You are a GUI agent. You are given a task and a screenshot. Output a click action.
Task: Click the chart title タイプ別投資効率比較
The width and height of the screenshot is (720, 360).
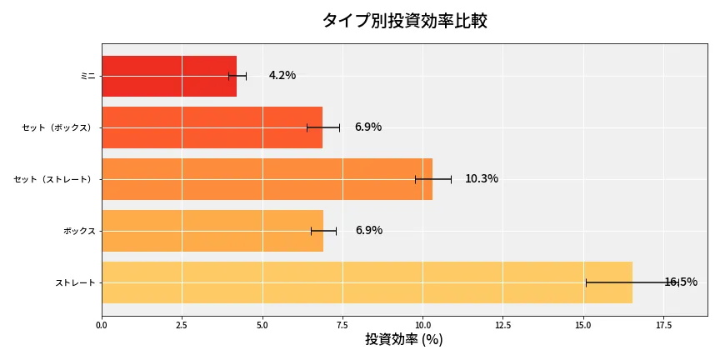point(404,21)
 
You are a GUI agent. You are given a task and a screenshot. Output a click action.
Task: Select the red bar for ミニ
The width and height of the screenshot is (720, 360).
point(168,76)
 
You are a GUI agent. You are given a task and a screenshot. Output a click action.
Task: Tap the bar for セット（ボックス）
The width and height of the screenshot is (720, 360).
point(212,127)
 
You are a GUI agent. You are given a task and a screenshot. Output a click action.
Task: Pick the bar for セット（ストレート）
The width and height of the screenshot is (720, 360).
point(267,179)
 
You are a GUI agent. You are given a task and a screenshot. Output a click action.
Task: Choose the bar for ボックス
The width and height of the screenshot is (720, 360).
point(212,231)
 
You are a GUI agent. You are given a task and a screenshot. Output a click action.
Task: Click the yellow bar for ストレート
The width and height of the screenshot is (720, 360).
point(367,282)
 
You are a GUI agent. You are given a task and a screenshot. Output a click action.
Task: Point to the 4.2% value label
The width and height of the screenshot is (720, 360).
point(282,76)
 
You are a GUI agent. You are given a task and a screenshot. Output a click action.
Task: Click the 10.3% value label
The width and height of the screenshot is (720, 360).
point(481,179)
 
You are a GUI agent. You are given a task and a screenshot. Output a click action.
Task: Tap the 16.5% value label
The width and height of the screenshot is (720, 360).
point(680,282)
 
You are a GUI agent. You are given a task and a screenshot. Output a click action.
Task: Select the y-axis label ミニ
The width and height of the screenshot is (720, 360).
point(87,76)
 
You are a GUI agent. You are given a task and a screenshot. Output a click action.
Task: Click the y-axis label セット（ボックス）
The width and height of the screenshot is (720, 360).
point(58,127)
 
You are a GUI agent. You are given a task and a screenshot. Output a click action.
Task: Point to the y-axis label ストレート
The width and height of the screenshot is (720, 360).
point(75,282)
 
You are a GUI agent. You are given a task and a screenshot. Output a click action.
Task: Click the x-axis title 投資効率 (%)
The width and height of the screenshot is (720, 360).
point(404,340)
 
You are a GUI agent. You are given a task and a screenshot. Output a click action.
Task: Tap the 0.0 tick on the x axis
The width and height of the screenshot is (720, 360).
point(102,324)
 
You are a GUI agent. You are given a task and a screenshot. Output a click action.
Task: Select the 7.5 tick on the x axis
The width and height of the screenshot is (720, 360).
point(342,324)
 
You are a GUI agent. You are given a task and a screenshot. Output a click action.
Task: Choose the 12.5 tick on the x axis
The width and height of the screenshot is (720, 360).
point(503,324)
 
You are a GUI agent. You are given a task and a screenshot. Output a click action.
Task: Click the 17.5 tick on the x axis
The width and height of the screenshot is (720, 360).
point(663,324)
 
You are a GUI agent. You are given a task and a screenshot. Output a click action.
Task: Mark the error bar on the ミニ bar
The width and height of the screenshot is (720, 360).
point(237,76)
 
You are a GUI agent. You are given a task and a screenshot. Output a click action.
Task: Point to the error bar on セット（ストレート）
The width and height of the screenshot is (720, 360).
point(433,179)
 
